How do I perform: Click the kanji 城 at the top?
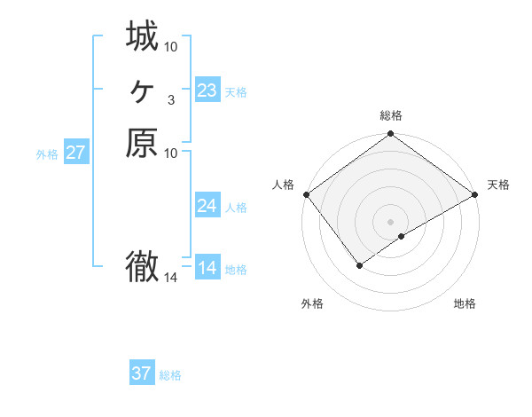[142, 37]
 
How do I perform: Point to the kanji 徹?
[142, 266]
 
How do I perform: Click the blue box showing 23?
[207, 90]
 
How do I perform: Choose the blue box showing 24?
[207, 206]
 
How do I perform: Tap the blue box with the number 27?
[76, 153]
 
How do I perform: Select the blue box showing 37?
[142, 374]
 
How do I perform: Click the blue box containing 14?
[207, 268]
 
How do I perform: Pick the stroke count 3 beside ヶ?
[170, 100]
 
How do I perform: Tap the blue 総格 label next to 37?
[171, 375]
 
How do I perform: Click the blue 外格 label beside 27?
[47, 153]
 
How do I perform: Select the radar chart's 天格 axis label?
[498, 185]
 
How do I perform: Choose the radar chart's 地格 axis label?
[465, 303]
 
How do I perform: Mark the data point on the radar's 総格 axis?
[390, 135]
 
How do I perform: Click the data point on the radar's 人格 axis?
[306, 194]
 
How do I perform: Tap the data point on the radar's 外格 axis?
[360, 264]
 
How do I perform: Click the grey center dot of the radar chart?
[390, 221]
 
